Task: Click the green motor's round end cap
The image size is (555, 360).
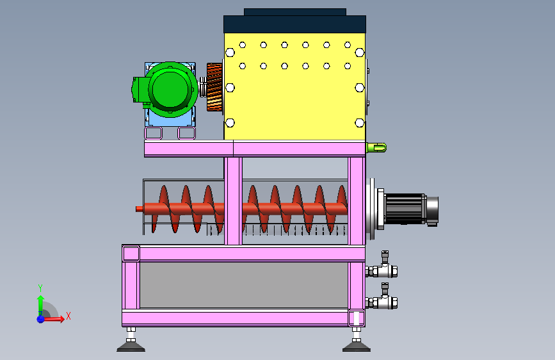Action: coord(170,88)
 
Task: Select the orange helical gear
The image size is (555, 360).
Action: coord(214,87)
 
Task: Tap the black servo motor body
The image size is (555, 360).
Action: coord(405,209)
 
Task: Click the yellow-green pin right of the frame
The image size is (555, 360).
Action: coord(376,147)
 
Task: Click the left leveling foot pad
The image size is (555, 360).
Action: coord(131,346)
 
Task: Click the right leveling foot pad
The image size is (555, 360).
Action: coord(357,346)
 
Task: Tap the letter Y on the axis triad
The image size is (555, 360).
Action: coord(40,288)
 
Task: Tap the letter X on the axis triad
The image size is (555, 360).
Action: coord(68,316)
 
